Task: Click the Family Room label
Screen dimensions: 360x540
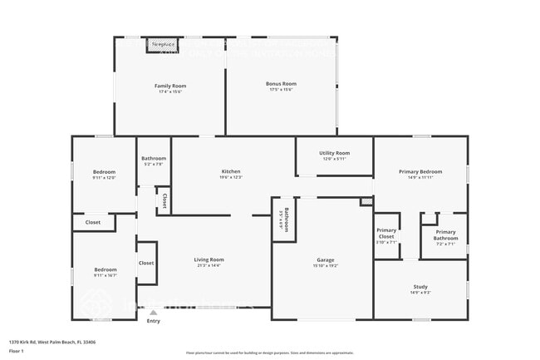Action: point(169,86)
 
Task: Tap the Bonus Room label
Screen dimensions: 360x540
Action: point(281,84)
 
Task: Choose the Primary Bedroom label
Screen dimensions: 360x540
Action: point(420,171)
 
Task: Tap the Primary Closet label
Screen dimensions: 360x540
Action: point(386,233)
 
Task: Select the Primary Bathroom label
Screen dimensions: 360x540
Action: point(445,235)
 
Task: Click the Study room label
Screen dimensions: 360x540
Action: point(420,288)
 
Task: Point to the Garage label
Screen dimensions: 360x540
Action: point(325,260)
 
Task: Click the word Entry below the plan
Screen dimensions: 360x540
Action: point(153,321)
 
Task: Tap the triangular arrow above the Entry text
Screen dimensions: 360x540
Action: point(153,313)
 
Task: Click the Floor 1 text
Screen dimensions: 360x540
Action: point(17,351)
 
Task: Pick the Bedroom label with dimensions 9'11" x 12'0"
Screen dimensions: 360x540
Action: point(104,172)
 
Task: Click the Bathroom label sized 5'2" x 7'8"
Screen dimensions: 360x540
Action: point(154,159)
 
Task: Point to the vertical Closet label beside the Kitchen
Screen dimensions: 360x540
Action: point(164,200)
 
